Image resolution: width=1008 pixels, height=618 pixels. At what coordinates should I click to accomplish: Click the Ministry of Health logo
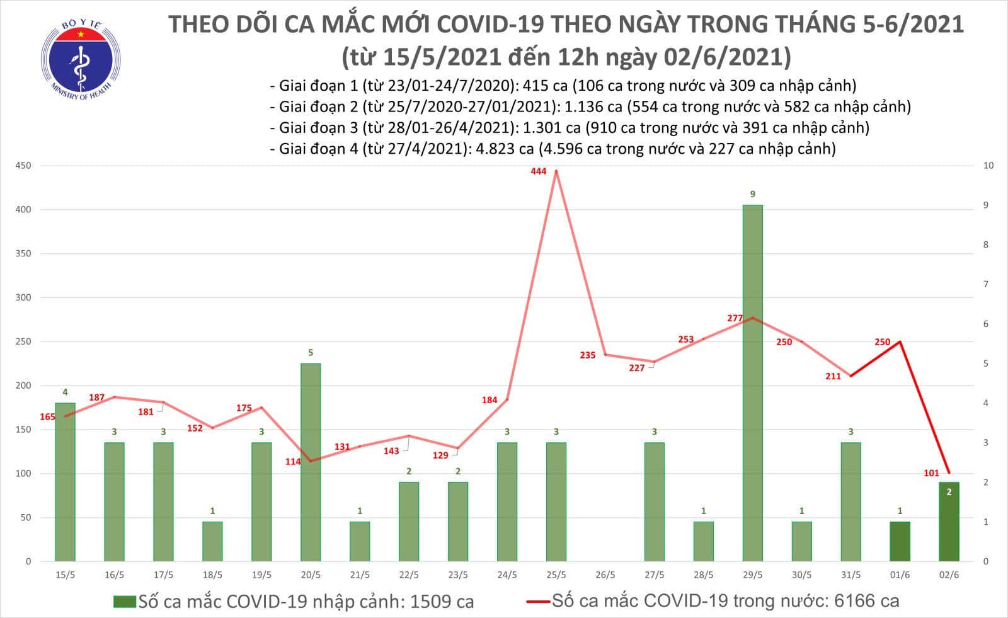pyautogui.click(x=80, y=60)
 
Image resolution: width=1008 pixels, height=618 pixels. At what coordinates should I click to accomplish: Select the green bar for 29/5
pyautogui.click(x=752, y=383)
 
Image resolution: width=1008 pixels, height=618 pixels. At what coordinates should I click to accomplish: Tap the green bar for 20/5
pyautogui.click(x=311, y=462)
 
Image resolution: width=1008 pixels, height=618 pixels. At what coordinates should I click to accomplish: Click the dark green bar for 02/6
pyautogui.click(x=949, y=522)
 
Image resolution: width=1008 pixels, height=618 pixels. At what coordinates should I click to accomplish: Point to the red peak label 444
pyautogui.click(x=539, y=171)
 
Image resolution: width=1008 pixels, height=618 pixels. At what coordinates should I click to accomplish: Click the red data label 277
pyautogui.click(x=735, y=318)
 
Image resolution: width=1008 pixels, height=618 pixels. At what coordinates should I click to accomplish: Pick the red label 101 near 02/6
pyautogui.click(x=931, y=473)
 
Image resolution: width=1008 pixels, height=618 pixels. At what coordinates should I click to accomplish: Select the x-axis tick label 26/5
pyautogui.click(x=605, y=575)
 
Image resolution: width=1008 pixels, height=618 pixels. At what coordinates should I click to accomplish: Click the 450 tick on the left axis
pyautogui.click(x=23, y=166)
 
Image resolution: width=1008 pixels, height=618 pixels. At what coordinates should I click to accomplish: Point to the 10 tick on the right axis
pyautogui.click(x=988, y=166)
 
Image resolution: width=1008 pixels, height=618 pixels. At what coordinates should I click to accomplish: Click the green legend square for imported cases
pyautogui.click(x=125, y=602)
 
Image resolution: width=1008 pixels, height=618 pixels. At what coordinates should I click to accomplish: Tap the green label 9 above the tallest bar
pyautogui.click(x=752, y=194)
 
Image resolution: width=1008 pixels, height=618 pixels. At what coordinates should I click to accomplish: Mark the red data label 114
pyautogui.click(x=293, y=462)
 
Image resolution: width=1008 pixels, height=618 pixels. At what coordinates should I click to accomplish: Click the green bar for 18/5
pyautogui.click(x=212, y=541)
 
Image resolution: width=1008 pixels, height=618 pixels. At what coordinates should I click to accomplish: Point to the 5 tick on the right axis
pyautogui.click(x=986, y=363)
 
